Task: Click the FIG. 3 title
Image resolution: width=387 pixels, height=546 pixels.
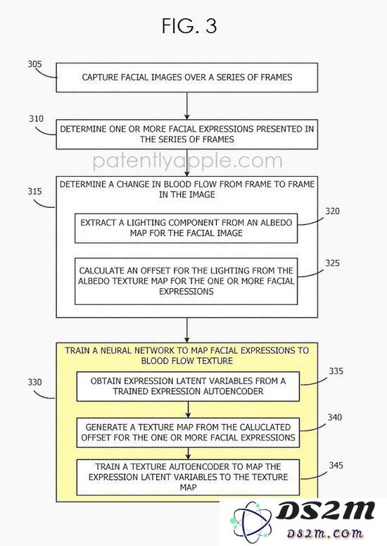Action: click(x=189, y=26)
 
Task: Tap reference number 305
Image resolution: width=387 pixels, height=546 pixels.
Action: click(x=34, y=64)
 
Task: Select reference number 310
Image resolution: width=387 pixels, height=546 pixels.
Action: click(x=36, y=119)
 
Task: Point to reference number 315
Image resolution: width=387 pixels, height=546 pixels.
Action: click(x=34, y=191)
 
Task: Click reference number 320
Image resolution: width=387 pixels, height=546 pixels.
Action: click(x=332, y=211)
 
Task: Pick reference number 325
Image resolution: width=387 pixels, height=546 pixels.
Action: click(x=332, y=263)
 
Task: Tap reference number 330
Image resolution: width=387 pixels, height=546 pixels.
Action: click(x=34, y=382)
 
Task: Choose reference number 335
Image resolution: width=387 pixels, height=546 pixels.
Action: click(x=336, y=371)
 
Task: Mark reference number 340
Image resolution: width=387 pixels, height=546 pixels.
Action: click(x=334, y=417)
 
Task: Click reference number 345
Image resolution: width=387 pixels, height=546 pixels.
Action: click(x=336, y=465)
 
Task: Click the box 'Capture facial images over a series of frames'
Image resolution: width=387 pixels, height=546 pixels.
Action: click(x=187, y=77)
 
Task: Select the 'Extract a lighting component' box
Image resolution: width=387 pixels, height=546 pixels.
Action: click(x=186, y=228)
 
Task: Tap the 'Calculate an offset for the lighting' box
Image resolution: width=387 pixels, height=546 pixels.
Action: click(x=186, y=281)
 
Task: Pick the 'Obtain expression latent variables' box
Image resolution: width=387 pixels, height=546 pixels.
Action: click(x=188, y=387)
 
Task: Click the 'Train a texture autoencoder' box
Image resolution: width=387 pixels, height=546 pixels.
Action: click(x=188, y=477)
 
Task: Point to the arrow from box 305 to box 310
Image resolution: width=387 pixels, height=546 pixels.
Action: click(x=187, y=106)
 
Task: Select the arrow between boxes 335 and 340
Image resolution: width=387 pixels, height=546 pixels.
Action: click(x=188, y=409)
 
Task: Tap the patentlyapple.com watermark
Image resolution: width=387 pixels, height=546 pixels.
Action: click(x=188, y=161)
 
